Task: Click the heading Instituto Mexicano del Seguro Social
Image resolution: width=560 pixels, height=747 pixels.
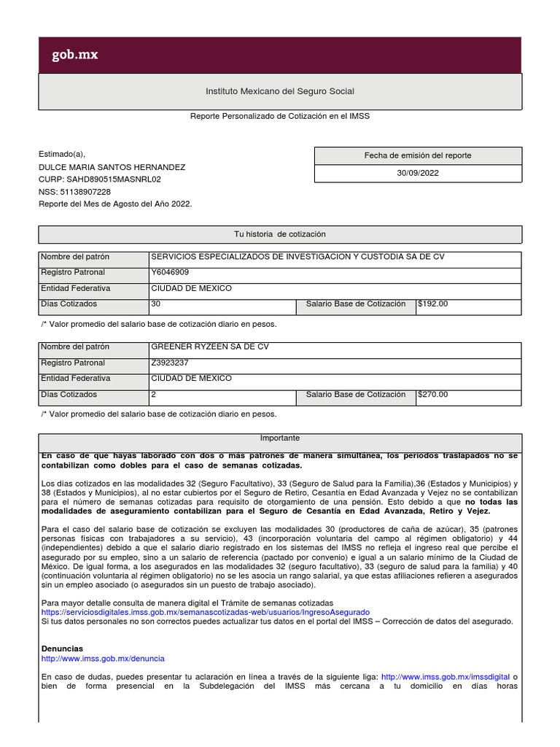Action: [x=280, y=91]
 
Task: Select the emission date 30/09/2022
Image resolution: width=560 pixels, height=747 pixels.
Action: [x=418, y=174]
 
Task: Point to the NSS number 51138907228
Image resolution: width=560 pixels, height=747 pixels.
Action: [x=85, y=191]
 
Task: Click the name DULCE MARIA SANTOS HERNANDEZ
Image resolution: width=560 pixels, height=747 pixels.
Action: [x=112, y=167]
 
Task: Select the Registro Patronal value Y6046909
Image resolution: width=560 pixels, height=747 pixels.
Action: [x=170, y=272]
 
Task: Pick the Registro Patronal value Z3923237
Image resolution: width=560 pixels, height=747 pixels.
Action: [x=171, y=363]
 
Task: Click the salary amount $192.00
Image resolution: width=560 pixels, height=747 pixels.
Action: [x=432, y=304]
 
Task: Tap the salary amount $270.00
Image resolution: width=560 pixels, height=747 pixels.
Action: [x=432, y=395]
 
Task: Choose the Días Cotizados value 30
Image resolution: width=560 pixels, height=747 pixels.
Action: [x=155, y=304]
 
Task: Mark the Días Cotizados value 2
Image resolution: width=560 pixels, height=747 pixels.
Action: [x=153, y=395]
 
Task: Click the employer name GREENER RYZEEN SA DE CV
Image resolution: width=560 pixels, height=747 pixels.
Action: [x=209, y=347]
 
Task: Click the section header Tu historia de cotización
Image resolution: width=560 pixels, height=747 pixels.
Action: [x=280, y=234]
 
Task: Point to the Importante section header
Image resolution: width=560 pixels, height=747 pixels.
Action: [x=280, y=438]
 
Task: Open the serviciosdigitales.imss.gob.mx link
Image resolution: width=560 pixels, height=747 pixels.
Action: [x=206, y=612]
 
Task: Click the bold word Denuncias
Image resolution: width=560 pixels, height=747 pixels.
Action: [x=62, y=649]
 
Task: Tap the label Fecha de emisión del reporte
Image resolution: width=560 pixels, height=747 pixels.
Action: [x=418, y=155]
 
